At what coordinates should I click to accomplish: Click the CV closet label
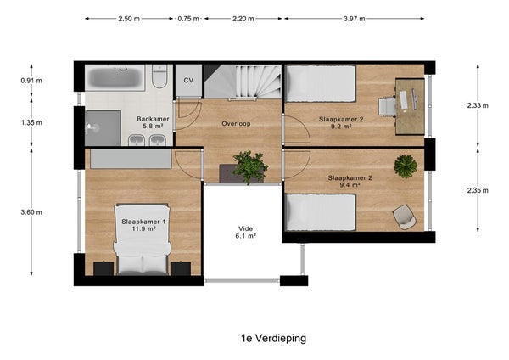[188, 81]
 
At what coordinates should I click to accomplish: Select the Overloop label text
[236, 123]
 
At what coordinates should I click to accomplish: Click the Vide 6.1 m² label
[245, 233]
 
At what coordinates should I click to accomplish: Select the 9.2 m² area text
[341, 127]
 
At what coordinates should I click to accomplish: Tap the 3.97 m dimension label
[354, 19]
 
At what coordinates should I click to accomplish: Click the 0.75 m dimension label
[188, 19]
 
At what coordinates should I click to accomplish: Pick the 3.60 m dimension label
[31, 212]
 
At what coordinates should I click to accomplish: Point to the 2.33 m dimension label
[478, 105]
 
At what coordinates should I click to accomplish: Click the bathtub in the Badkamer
[115, 77]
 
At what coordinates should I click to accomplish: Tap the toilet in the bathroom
[159, 76]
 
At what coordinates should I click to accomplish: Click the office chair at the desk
[387, 107]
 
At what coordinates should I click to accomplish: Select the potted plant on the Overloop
[250, 166]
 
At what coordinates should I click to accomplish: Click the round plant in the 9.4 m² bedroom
[406, 166]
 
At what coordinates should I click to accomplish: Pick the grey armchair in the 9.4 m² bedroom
[405, 217]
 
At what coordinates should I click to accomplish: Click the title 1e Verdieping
[273, 338]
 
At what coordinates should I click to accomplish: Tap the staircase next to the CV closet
[243, 82]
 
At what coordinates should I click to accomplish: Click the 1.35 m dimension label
[31, 123]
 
